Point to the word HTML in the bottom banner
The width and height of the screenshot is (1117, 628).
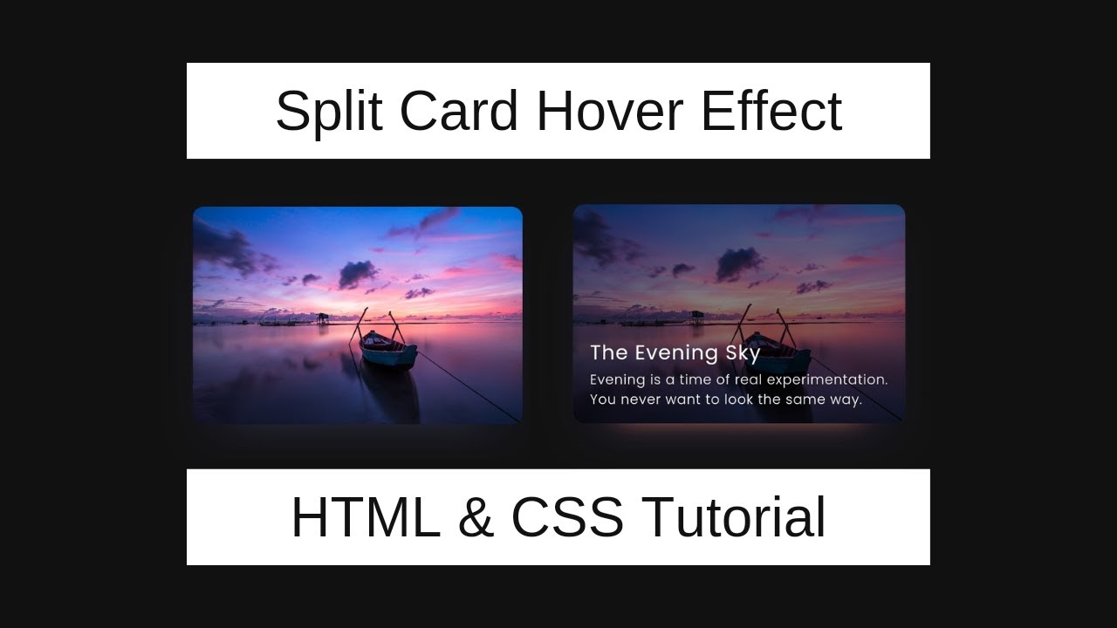coord(366,517)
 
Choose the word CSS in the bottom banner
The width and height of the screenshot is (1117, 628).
coord(567,517)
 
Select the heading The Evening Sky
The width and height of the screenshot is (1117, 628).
coord(675,353)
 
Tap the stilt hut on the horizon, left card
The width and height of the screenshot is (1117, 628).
coord(323,317)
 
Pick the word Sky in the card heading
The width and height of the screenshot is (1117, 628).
coord(743,353)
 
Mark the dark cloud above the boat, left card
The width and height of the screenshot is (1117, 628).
coord(358,274)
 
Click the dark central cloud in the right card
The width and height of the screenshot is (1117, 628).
coord(737,263)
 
